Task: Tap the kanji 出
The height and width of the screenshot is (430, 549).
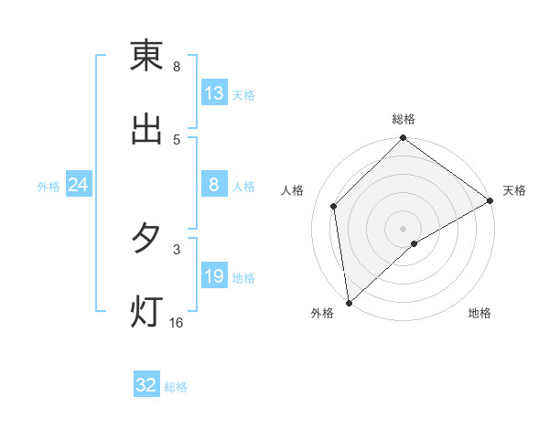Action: tap(146, 130)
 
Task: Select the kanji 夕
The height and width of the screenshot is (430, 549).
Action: tap(146, 239)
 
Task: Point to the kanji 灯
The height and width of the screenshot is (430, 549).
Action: tap(146, 312)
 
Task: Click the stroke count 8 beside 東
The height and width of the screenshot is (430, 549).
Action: tap(177, 67)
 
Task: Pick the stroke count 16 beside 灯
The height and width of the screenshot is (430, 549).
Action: tap(177, 323)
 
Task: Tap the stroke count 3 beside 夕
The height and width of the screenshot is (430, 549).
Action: tap(177, 249)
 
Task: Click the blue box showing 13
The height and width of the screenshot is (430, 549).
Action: tap(214, 93)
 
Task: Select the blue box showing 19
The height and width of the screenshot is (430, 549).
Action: tap(214, 277)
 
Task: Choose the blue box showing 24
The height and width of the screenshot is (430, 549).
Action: tap(78, 186)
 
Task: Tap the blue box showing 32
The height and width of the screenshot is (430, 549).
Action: tap(146, 385)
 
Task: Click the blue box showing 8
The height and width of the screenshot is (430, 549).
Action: tap(214, 186)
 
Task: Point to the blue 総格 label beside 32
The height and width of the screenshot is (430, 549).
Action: tap(176, 387)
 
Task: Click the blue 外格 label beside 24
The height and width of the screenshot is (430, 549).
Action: tap(48, 187)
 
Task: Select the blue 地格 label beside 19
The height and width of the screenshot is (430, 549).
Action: tap(243, 278)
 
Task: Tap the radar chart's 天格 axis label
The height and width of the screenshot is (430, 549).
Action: tap(514, 190)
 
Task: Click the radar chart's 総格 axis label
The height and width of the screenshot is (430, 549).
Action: tap(404, 119)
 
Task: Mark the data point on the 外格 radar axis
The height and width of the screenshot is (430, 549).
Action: tap(349, 303)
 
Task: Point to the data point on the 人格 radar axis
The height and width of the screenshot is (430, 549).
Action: tap(334, 206)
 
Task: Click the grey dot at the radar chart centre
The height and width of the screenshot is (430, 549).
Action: tap(404, 228)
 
